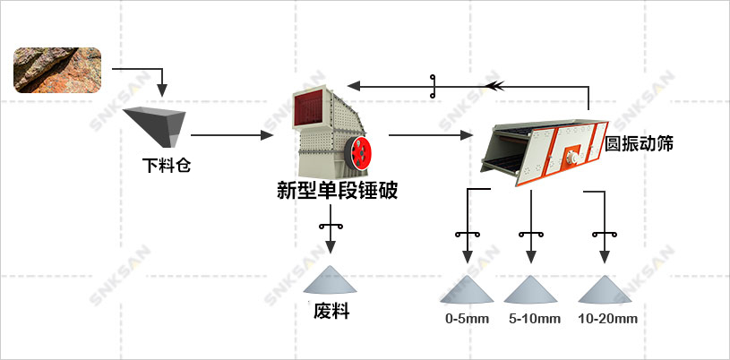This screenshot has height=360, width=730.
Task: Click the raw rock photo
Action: (x=57, y=70)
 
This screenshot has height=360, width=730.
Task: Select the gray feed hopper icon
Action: (x=155, y=125)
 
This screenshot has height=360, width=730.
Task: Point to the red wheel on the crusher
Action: (x=361, y=151)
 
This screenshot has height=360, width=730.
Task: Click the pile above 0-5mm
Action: (x=468, y=289)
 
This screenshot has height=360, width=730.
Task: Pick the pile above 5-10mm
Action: (x=534, y=289)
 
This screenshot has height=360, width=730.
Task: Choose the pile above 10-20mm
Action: (x=607, y=289)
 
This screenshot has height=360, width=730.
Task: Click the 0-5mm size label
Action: (x=468, y=319)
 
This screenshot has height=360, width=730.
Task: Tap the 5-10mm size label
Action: (x=535, y=319)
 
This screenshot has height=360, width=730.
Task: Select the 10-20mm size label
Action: (x=607, y=319)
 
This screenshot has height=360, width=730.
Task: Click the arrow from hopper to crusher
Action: (x=231, y=135)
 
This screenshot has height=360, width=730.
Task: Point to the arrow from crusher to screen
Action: (x=430, y=136)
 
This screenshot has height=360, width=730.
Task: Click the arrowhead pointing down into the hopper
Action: (x=162, y=90)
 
